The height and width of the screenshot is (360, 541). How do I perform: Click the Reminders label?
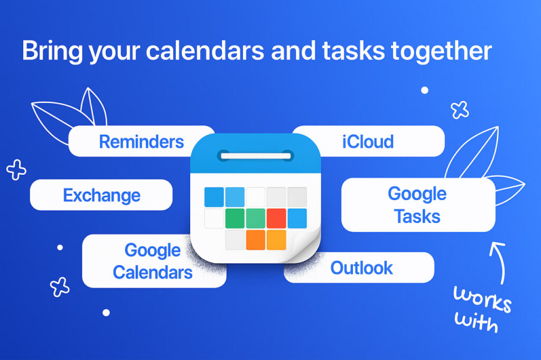142,141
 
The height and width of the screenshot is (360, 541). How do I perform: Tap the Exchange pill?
101,195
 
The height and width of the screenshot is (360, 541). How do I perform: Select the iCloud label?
368,141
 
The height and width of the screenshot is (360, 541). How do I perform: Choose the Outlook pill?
359,268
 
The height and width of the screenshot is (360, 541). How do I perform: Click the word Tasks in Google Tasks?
417,216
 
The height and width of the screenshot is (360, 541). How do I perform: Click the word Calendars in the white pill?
153,272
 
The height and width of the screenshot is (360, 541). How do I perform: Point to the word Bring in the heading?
52,51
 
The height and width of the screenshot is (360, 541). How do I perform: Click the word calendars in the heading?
206,51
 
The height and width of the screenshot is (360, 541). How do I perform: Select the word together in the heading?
441,51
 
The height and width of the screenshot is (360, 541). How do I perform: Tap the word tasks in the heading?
353,51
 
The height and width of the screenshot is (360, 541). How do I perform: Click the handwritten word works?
482,299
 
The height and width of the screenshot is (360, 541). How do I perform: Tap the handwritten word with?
476,322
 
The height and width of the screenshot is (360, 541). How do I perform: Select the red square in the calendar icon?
276,219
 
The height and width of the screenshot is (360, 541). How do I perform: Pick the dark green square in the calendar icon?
235,219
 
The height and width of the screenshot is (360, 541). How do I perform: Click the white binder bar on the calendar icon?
256,156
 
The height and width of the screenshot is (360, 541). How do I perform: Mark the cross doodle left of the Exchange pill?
16,169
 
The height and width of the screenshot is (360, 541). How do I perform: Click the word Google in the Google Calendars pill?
153,251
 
